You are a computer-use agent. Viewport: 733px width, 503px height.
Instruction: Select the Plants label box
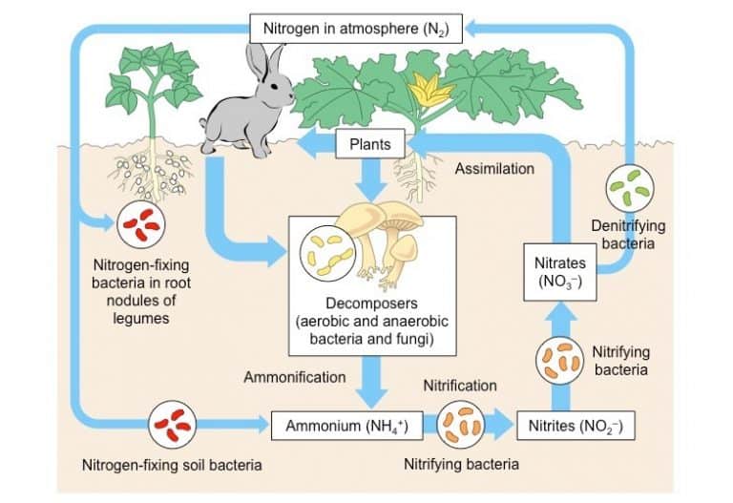[x=370, y=145]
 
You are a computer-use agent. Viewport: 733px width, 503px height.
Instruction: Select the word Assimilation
[x=493, y=169]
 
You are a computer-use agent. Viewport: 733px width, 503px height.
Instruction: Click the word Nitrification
[x=460, y=386]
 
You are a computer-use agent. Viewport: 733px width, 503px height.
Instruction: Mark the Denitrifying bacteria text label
[x=628, y=234]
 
